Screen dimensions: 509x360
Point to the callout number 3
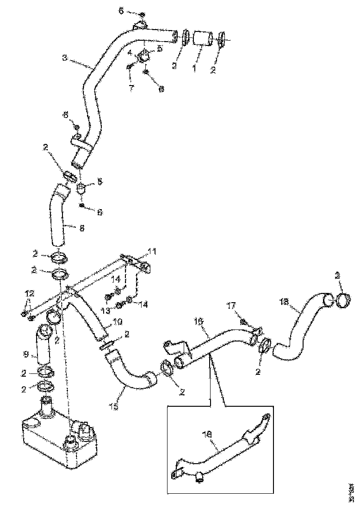point(65,58)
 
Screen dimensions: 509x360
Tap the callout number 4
point(130,52)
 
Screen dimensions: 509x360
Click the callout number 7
point(131,87)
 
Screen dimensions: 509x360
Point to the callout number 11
point(152,252)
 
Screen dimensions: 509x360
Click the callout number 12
point(29,293)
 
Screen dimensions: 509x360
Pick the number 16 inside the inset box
point(208,435)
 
